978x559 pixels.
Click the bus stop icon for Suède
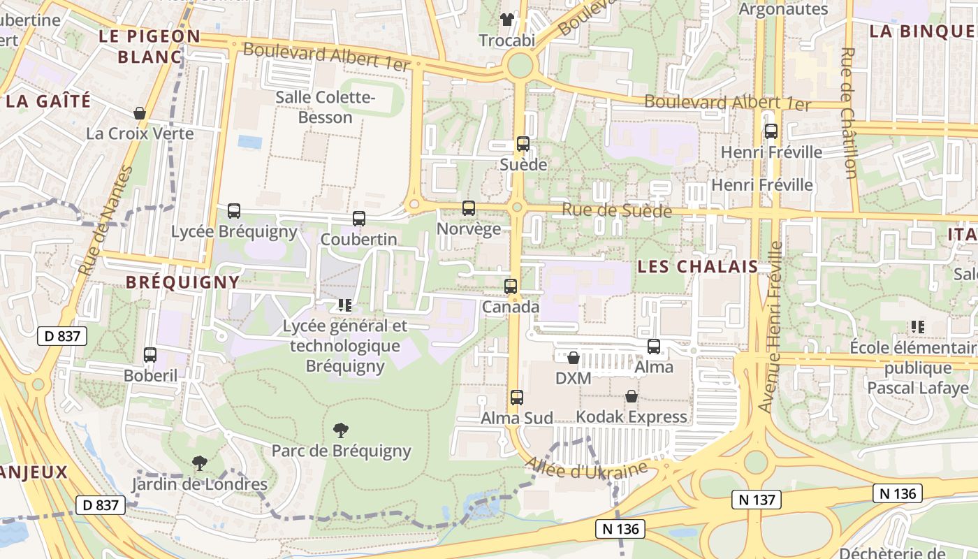pos(523,144)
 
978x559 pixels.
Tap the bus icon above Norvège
pos(468,208)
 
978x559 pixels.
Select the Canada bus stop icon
pos(511,286)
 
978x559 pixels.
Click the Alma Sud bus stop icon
pos(516,398)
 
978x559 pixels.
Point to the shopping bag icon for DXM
pos(574,358)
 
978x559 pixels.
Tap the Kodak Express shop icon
pos(632,396)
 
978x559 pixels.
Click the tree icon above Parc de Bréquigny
pos(341,430)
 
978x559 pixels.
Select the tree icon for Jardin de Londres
pos(200,463)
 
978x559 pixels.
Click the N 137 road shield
pos(756,500)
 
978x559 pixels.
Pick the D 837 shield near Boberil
pos(61,336)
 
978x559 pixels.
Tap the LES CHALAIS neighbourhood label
pos(697,266)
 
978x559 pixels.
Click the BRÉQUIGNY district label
pos(182,282)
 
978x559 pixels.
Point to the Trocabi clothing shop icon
pos(506,20)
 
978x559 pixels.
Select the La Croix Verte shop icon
pos(140,113)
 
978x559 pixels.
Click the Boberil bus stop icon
pos(149,355)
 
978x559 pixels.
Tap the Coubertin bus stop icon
pos(358,219)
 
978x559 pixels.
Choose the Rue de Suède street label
pos(616,210)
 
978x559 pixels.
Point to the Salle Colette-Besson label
pos(325,107)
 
